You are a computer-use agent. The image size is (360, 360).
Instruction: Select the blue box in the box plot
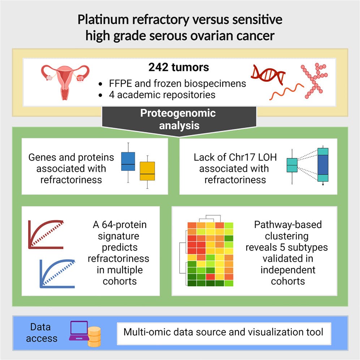click(128, 161)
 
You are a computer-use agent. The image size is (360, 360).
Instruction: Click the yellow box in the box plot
click(147, 170)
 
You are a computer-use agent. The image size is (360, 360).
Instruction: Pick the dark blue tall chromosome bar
click(323, 165)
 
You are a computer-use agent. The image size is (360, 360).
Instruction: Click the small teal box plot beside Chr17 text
click(292, 165)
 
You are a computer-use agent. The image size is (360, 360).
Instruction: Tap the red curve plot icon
click(46, 235)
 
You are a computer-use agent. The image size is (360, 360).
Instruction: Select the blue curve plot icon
click(57, 273)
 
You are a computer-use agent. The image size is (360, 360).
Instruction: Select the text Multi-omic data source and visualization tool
click(223, 332)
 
